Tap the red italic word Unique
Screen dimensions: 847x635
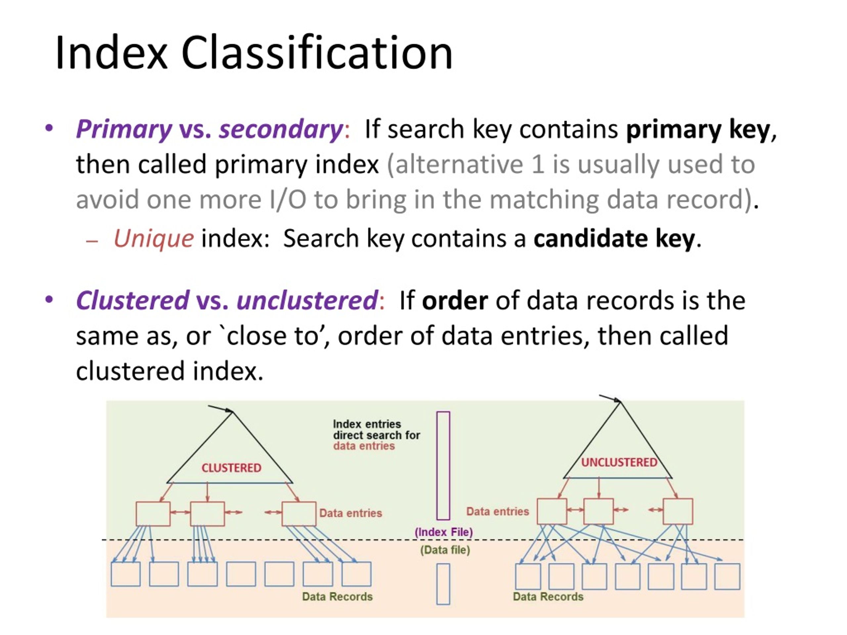click(154, 238)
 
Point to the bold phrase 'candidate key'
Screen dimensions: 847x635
click(614, 239)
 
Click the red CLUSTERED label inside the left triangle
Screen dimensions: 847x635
click(231, 468)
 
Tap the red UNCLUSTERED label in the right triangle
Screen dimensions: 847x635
click(619, 462)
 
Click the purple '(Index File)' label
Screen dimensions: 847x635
click(444, 532)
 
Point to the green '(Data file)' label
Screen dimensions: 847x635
click(445, 550)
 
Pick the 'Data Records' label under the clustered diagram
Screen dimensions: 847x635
click(337, 596)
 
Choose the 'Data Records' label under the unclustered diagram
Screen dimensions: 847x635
click(548, 596)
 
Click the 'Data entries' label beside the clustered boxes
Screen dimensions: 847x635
click(351, 513)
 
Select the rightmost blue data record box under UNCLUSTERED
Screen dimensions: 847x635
click(727, 576)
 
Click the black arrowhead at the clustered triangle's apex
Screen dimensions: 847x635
click(229, 411)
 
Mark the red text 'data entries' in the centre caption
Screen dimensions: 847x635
click(364, 446)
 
